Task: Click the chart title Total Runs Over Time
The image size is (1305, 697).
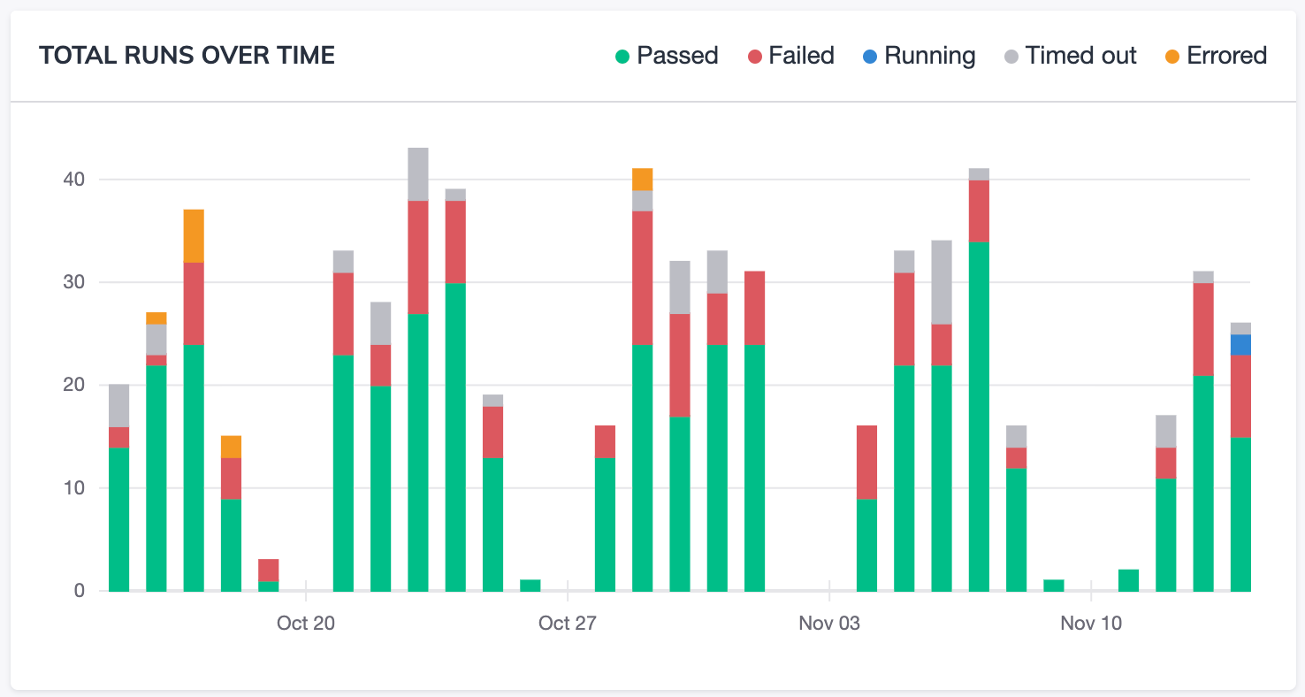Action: [x=187, y=56]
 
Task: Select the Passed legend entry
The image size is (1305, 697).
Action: [x=667, y=56]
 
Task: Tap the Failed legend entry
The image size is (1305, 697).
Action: [x=791, y=56]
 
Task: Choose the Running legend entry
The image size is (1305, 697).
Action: [x=919, y=56]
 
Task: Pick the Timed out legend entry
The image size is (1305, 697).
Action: [x=1070, y=56]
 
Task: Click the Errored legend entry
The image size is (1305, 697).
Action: [x=1216, y=56]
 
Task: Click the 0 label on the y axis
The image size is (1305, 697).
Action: [x=79, y=591]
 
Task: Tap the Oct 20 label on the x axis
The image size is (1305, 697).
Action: [x=305, y=624]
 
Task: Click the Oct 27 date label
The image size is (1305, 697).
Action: [x=567, y=624]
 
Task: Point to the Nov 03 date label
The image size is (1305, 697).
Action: [x=828, y=624]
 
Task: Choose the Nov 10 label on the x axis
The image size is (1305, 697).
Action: [x=1091, y=624]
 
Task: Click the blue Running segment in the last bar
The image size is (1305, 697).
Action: [x=1240, y=345]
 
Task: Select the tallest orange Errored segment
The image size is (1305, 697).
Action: [x=194, y=236]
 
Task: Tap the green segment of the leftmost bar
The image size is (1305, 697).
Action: [x=119, y=519]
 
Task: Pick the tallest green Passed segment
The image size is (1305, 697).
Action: [x=979, y=416]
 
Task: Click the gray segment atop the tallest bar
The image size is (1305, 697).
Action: [x=418, y=174]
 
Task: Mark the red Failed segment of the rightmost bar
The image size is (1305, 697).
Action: [x=1240, y=396]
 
